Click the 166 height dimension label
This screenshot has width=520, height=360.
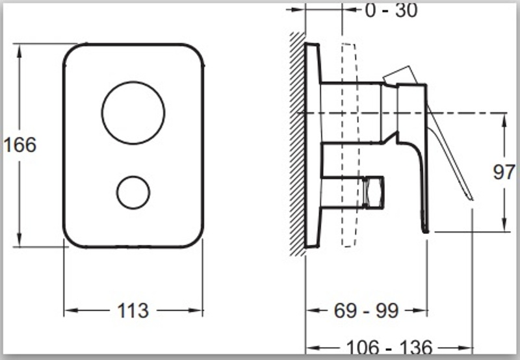[x=20, y=145]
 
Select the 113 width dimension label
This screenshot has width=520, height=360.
[x=133, y=311]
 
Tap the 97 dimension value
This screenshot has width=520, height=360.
[x=504, y=172]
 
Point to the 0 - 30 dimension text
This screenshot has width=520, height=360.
[x=391, y=10]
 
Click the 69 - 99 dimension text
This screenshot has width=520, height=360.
[x=366, y=311]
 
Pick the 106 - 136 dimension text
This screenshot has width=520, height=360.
[x=389, y=348]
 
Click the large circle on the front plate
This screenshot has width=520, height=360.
[x=133, y=81]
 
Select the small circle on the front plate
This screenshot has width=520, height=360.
[x=133, y=176]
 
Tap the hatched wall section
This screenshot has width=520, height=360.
[x=298, y=144]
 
